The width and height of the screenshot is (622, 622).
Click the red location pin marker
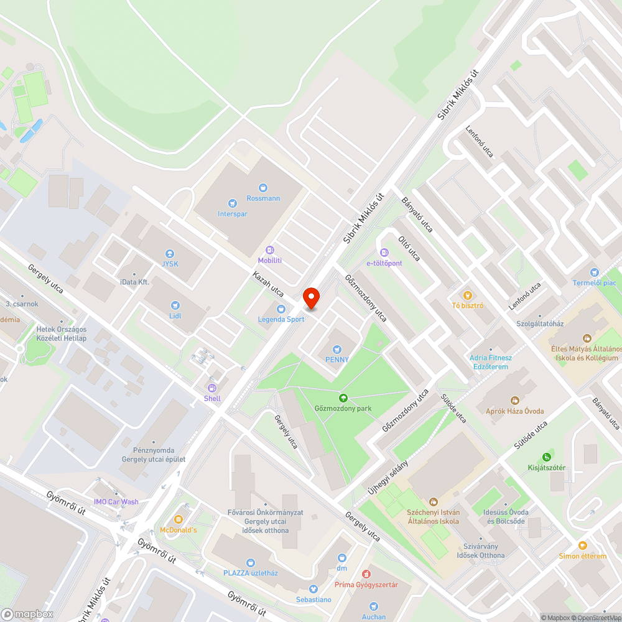310,298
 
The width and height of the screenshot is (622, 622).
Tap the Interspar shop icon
233,203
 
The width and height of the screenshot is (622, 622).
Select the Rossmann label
263,198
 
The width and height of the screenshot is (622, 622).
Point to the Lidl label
175,315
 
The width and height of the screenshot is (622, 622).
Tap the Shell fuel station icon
212,388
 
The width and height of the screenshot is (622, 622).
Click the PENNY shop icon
337,350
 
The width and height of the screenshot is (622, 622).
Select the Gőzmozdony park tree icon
342,397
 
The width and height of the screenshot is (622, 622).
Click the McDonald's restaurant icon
179,519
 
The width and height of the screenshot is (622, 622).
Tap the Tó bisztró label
468,305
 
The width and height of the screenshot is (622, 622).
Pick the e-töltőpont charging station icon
384,253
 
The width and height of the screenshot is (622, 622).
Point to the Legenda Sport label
281,320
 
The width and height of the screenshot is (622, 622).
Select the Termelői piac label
595,283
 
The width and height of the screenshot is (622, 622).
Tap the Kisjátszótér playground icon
547,457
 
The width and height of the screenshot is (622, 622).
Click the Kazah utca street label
268,284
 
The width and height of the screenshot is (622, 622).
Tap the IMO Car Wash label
116,502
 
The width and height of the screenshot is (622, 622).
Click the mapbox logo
28,614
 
